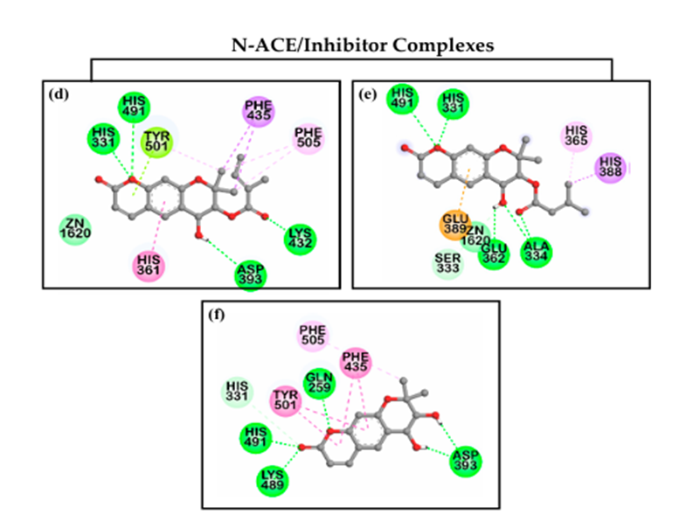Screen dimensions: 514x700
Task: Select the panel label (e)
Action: pyautogui.click(x=368, y=93)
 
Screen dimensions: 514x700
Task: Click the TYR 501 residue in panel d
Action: pyautogui.click(x=156, y=141)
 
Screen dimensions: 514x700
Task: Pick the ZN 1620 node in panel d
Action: pyautogui.click(x=75, y=229)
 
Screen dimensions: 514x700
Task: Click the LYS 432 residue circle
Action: pyautogui.click(x=301, y=237)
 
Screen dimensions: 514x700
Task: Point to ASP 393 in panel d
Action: pyautogui.click(x=251, y=274)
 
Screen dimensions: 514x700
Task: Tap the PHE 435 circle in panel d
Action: pyautogui.click(x=259, y=112)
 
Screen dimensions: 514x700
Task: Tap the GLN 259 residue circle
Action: pyautogui.click(x=319, y=383)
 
